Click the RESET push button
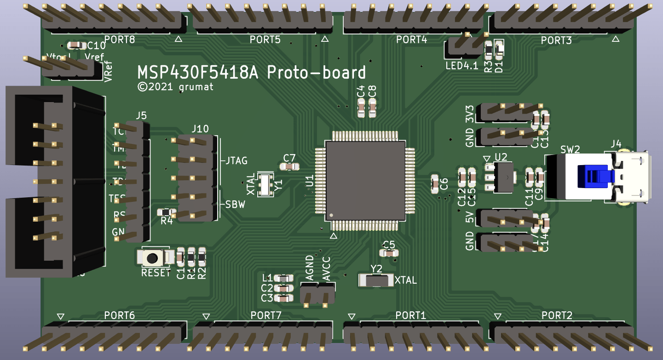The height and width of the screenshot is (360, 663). click(152, 257)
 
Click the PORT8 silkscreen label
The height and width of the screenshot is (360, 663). click(120, 40)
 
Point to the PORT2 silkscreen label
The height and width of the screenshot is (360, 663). click(557, 315)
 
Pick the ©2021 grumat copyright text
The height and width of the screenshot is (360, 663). click(175, 87)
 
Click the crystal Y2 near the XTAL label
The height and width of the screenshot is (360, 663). click(376, 280)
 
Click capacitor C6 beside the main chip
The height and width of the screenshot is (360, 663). click(435, 183)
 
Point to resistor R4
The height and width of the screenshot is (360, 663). click(165, 212)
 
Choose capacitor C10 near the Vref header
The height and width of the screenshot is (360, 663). click(76, 45)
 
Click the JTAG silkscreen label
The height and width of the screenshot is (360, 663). click(236, 160)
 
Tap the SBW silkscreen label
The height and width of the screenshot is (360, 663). click(235, 205)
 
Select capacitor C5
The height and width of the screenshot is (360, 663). click(389, 252)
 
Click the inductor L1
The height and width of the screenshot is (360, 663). click(283, 278)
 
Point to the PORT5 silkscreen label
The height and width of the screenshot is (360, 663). click(265, 40)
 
